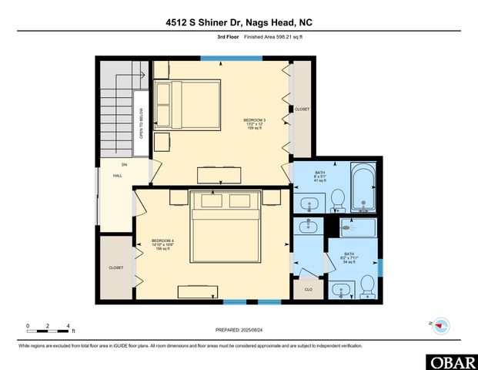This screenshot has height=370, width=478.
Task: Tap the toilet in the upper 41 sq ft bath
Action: (x=336, y=200)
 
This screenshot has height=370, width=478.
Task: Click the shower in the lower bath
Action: (x=357, y=228)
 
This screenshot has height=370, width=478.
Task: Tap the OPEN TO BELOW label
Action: (x=142, y=123)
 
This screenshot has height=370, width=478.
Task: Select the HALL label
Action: (x=118, y=176)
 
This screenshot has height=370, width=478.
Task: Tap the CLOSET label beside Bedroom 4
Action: (x=116, y=267)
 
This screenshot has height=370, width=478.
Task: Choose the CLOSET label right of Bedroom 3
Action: (x=302, y=109)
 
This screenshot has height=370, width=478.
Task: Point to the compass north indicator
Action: (x=440, y=325)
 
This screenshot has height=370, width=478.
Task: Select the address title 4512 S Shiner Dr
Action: (x=239, y=23)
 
